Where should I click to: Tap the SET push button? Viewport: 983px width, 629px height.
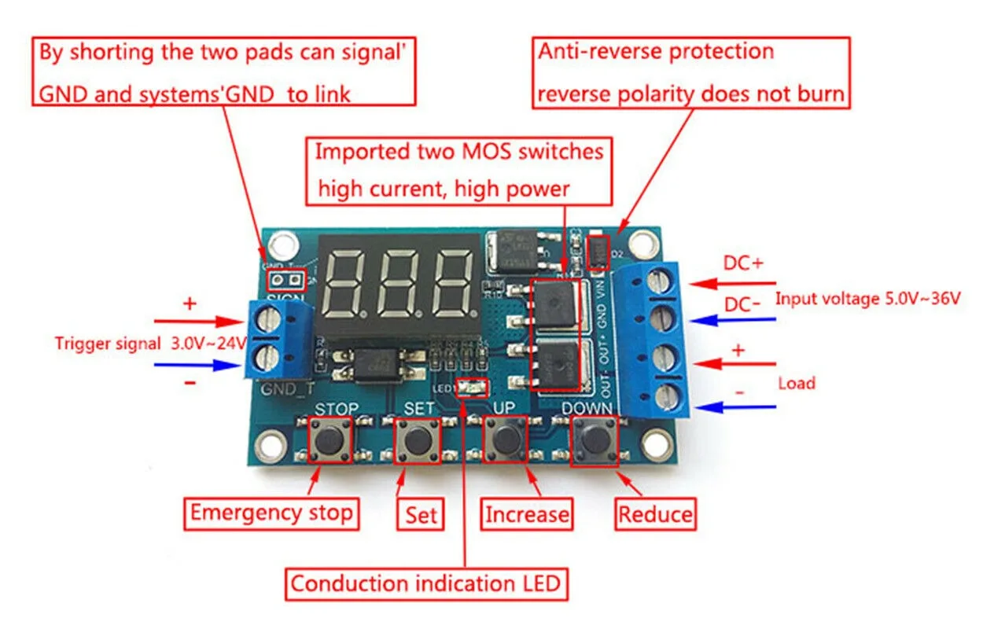[417, 442]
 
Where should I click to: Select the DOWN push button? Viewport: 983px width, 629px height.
[595, 440]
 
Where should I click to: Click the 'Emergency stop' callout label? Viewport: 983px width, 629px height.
[271, 513]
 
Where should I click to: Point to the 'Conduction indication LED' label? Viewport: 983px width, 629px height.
[425, 583]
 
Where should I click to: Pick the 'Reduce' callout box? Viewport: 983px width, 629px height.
[656, 515]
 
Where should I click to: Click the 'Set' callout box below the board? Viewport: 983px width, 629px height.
[421, 516]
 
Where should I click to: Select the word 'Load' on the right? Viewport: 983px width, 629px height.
[797, 384]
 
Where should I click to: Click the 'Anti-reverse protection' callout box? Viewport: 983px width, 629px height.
[691, 72]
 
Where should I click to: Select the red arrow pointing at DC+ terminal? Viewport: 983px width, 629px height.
[732, 284]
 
